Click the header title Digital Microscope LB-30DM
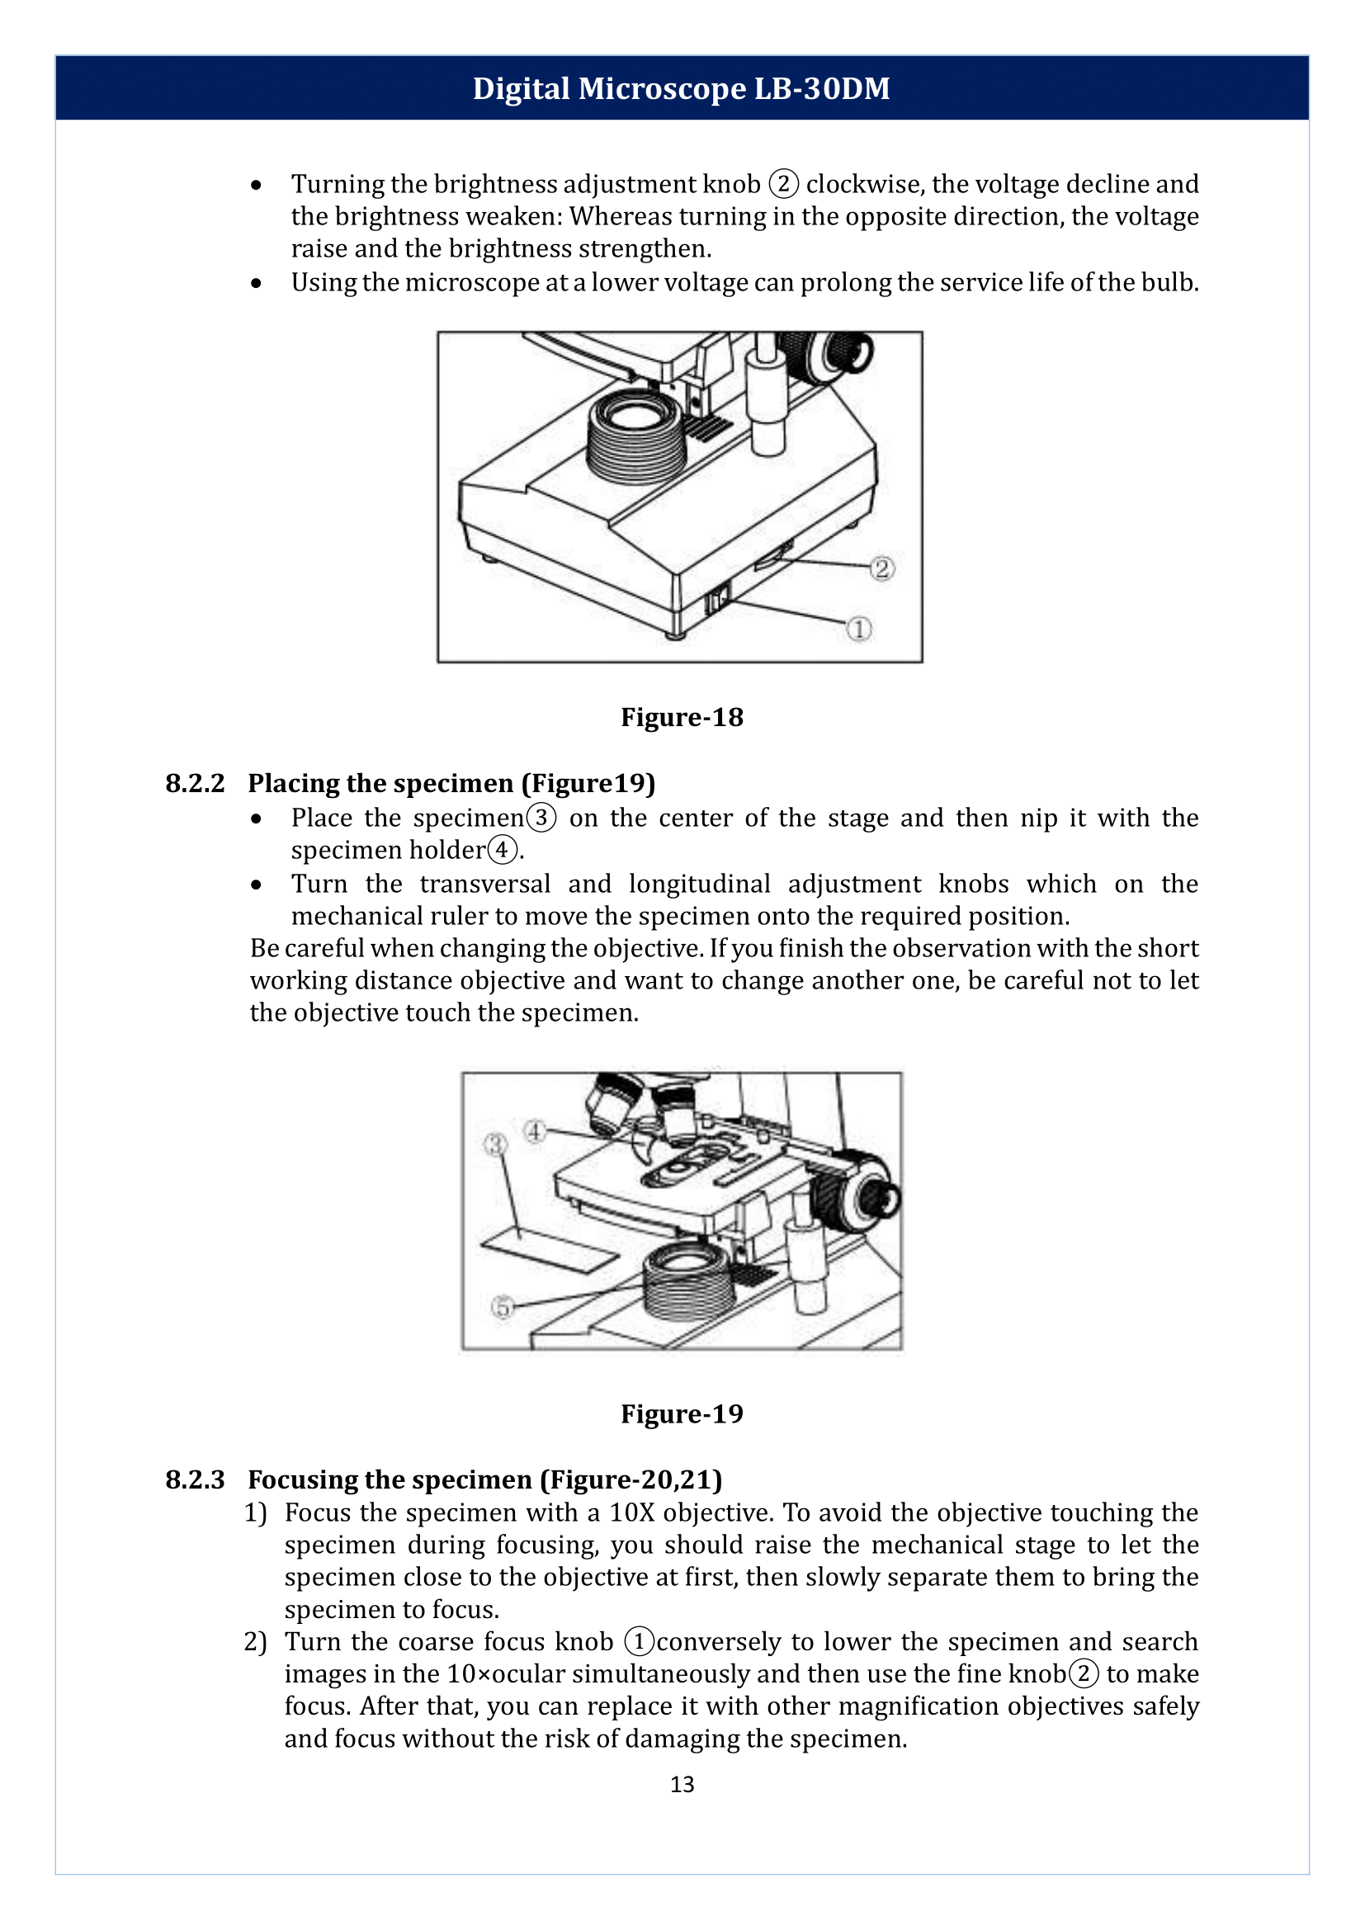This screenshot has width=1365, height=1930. pos(681,88)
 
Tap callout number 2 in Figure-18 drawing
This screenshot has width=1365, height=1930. pos(881,569)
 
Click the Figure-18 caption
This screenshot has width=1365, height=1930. pos(682,717)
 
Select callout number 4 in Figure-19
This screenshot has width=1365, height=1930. pos(536,1130)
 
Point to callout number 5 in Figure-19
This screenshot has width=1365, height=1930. pos(502,1307)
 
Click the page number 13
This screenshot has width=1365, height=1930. pos(682,1784)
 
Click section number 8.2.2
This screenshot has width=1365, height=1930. pos(195,783)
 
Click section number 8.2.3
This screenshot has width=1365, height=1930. pos(195,1479)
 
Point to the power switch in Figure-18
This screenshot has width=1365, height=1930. pos(717,600)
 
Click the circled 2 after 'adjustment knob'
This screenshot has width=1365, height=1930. pos(783,183)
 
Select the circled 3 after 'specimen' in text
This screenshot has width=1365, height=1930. pos(541,817)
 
